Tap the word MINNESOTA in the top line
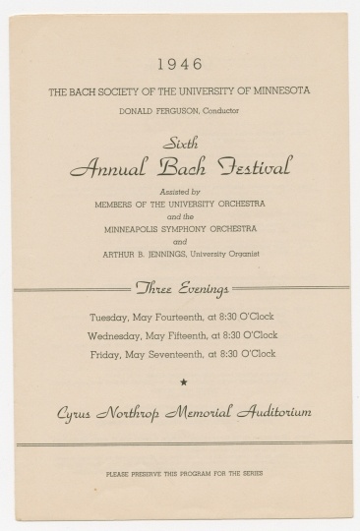click(280, 91)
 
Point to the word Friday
click(103, 354)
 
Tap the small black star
click(180, 380)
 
